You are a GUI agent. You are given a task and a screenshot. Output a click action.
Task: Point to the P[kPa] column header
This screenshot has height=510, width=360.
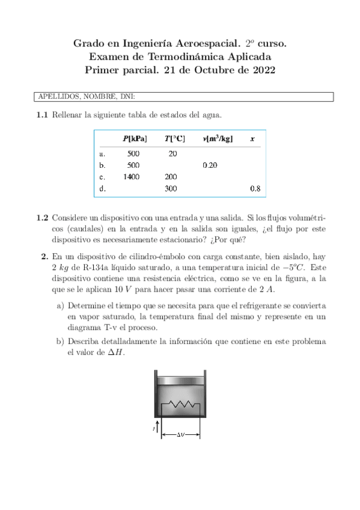[x=135, y=139]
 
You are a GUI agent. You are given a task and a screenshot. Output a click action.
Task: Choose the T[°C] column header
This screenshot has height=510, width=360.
[x=175, y=139]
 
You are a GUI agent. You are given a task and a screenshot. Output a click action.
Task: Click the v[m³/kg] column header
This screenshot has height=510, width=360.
[x=218, y=139]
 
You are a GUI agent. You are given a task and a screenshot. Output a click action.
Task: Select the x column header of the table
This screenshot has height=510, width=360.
[x=252, y=139]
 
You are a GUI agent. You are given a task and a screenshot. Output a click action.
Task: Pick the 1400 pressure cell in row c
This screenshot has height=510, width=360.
[x=132, y=177]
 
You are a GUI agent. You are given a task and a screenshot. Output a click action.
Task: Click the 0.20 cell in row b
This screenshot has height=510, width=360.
[x=210, y=165]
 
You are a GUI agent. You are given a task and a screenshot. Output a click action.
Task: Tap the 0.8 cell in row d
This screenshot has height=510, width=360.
[x=255, y=189]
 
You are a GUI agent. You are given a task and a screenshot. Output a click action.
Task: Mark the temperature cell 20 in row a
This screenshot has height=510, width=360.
[x=173, y=153]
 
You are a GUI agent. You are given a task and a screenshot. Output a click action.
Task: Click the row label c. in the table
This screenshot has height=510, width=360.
[x=103, y=177]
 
